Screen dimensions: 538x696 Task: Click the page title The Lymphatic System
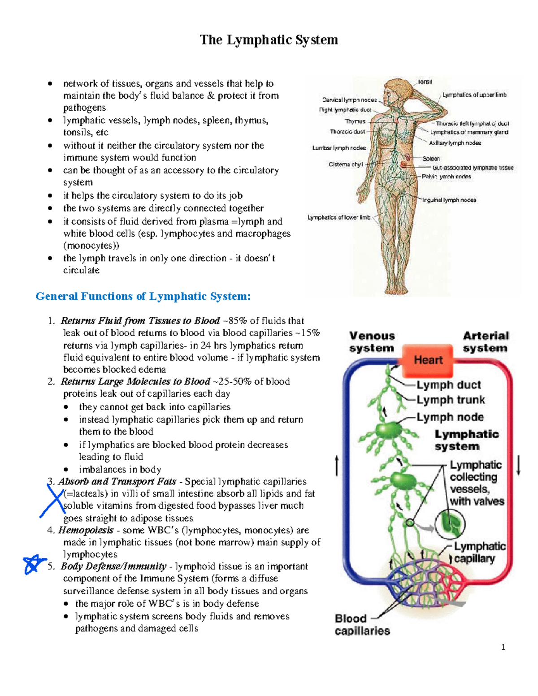point(269,40)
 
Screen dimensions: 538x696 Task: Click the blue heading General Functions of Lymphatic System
point(143,296)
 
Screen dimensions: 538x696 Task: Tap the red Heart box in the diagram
point(428,360)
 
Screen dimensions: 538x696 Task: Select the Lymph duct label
point(448,385)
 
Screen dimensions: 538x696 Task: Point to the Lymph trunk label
point(451,400)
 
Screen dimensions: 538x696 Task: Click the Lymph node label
point(450,417)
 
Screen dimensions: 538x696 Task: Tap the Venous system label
point(372,342)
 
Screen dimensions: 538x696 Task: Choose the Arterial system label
point(486,342)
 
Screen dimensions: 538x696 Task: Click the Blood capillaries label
point(362,625)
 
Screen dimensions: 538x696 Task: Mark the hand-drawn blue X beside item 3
point(52,501)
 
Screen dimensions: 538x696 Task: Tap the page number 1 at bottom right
point(503,647)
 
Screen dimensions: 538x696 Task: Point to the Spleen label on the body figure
point(431,159)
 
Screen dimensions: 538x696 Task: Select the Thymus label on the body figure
point(355,121)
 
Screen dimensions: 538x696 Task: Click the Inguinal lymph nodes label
point(449,200)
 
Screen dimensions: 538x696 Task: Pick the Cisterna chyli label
point(346,164)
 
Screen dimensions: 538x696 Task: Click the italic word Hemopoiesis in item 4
point(86,530)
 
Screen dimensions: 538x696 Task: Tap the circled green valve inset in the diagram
point(450,523)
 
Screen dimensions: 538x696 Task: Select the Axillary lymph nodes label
point(455,143)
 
